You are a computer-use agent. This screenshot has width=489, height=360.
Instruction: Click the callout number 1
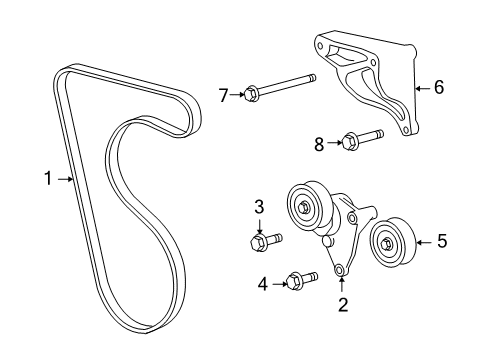47,180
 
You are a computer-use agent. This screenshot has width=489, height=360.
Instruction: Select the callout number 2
342,305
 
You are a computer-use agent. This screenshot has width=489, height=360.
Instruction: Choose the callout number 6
438,87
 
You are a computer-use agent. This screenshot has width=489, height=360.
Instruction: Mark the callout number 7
224,95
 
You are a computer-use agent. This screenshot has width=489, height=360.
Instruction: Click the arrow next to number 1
66,180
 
